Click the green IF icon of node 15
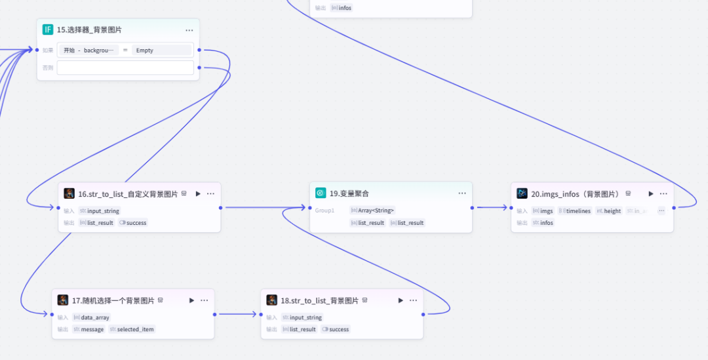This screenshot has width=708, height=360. click(48, 30)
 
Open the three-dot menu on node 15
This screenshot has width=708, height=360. click(189, 30)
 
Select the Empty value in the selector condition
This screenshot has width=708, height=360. click(145, 50)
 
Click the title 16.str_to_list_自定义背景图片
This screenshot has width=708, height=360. click(128, 194)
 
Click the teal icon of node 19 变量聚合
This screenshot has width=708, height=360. click(321, 193)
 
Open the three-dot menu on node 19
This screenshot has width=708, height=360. click(462, 193)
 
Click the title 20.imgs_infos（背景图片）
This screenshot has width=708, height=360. click(575, 194)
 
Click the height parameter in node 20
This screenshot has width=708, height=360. click(609, 211)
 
